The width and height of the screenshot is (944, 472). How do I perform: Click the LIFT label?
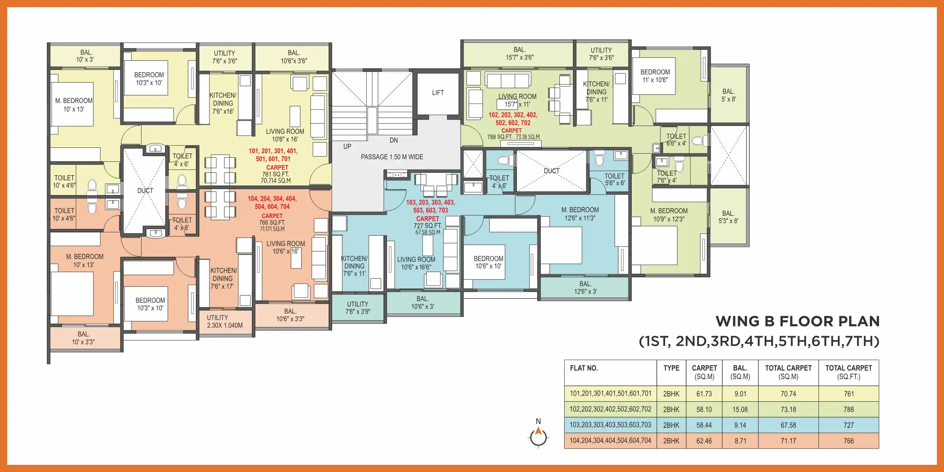pyautogui.click(x=438, y=93)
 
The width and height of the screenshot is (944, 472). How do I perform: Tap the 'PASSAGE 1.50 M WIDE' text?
pyautogui.click(x=392, y=157)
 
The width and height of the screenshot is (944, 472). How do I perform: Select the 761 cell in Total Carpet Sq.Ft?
pyautogui.click(x=849, y=394)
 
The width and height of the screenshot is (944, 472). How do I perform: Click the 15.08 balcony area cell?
pyautogui.click(x=740, y=409)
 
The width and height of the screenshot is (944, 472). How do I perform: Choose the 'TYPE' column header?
pyautogui.click(x=671, y=368)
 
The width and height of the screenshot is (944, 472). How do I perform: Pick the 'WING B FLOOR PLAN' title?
pyautogui.click(x=797, y=321)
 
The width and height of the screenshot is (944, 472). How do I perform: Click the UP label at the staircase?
pyautogui.click(x=347, y=146)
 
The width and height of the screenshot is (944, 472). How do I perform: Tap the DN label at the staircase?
pyautogui.click(x=393, y=140)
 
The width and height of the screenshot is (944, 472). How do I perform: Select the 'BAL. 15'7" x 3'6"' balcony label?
pyautogui.click(x=519, y=54)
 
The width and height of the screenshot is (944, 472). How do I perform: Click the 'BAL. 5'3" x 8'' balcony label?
pyautogui.click(x=728, y=217)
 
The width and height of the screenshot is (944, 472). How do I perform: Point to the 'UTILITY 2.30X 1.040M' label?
pyautogui.click(x=224, y=321)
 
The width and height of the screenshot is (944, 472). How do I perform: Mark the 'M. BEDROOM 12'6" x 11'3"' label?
pyautogui.click(x=580, y=214)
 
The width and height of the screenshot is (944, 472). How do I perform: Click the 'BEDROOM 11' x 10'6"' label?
pyautogui.click(x=655, y=76)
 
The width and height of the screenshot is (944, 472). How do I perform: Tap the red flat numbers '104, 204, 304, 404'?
pyautogui.click(x=272, y=199)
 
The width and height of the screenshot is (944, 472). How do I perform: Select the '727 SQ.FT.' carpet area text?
pyautogui.click(x=428, y=225)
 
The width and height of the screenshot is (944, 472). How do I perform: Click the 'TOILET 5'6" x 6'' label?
pyautogui.click(x=614, y=179)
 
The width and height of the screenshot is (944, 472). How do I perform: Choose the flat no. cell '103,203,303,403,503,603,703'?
pyautogui.click(x=610, y=425)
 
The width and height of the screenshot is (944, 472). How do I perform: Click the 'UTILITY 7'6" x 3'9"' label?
pyautogui.click(x=358, y=308)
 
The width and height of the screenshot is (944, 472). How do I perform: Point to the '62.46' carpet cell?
pyautogui.click(x=704, y=441)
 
